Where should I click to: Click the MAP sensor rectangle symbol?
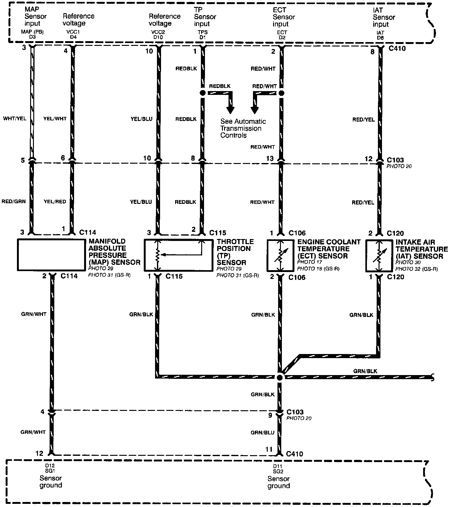coord(51,255)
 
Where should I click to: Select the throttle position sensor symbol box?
coord(178,255)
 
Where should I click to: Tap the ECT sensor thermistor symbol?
coord(280,256)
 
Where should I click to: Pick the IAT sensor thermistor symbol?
coord(379,256)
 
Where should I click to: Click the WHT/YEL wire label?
coord(14,119)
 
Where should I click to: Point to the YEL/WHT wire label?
coord(55,119)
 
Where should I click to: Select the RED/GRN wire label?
coord(13,201)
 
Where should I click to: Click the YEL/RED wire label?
coord(55,201)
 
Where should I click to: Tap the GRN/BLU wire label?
coord(262,433)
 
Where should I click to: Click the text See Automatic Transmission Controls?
coord(243,128)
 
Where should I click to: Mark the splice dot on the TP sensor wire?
coord(202,93)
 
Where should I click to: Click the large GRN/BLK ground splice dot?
coord(280,377)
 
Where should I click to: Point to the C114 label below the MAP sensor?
coord(69,276)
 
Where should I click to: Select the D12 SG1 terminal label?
coord(50,469)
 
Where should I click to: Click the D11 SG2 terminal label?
coord(278,469)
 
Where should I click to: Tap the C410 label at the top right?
coord(397,49)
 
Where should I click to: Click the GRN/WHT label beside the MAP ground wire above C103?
coord(34,314)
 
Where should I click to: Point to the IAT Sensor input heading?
coord(384,17)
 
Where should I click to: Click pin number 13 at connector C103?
coord(270,159)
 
